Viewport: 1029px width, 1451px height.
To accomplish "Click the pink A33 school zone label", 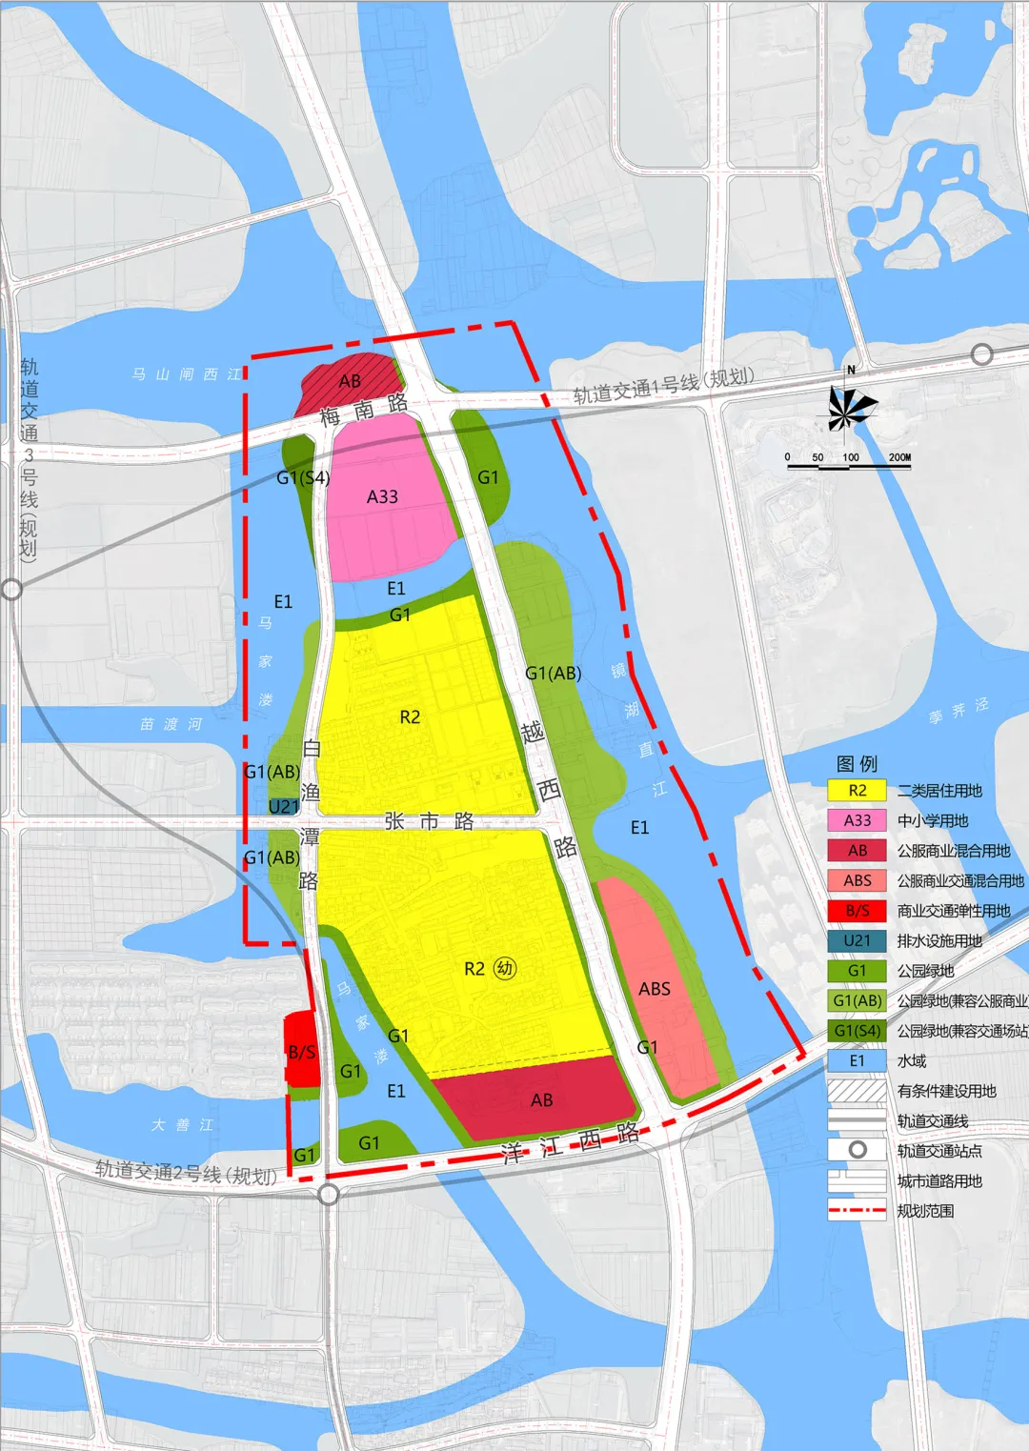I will click(382, 496).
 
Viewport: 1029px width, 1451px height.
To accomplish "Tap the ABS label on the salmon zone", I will click(655, 989).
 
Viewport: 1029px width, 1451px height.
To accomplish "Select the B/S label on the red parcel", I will click(302, 1052).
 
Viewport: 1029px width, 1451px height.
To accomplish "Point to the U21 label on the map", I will click(284, 807).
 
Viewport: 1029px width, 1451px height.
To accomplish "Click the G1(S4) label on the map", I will click(303, 477).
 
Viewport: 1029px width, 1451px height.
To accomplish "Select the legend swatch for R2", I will click(857, 791).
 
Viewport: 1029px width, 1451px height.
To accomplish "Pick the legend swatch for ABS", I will click(857, 880).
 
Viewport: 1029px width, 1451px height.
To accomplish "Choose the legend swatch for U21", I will click(857, 940).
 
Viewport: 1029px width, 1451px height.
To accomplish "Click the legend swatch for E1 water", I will click(857, 1060).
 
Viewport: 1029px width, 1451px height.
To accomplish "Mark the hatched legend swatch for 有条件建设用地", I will click(857, 1091).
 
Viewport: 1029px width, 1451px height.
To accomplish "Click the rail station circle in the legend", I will click(857, 1150).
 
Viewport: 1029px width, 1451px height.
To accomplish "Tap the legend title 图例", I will click(857, 763).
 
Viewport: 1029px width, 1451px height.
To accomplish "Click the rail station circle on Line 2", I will click(329, 1195).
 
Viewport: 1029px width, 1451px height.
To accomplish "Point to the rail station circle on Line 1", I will click(982, 355).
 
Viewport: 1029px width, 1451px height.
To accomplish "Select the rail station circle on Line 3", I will click(11, 590).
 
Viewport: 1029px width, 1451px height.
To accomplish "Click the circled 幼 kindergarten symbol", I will click(505, 969).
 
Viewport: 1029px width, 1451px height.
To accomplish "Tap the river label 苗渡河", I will click(171, 724).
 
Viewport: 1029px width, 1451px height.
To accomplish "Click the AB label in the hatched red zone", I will click(350, 381).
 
